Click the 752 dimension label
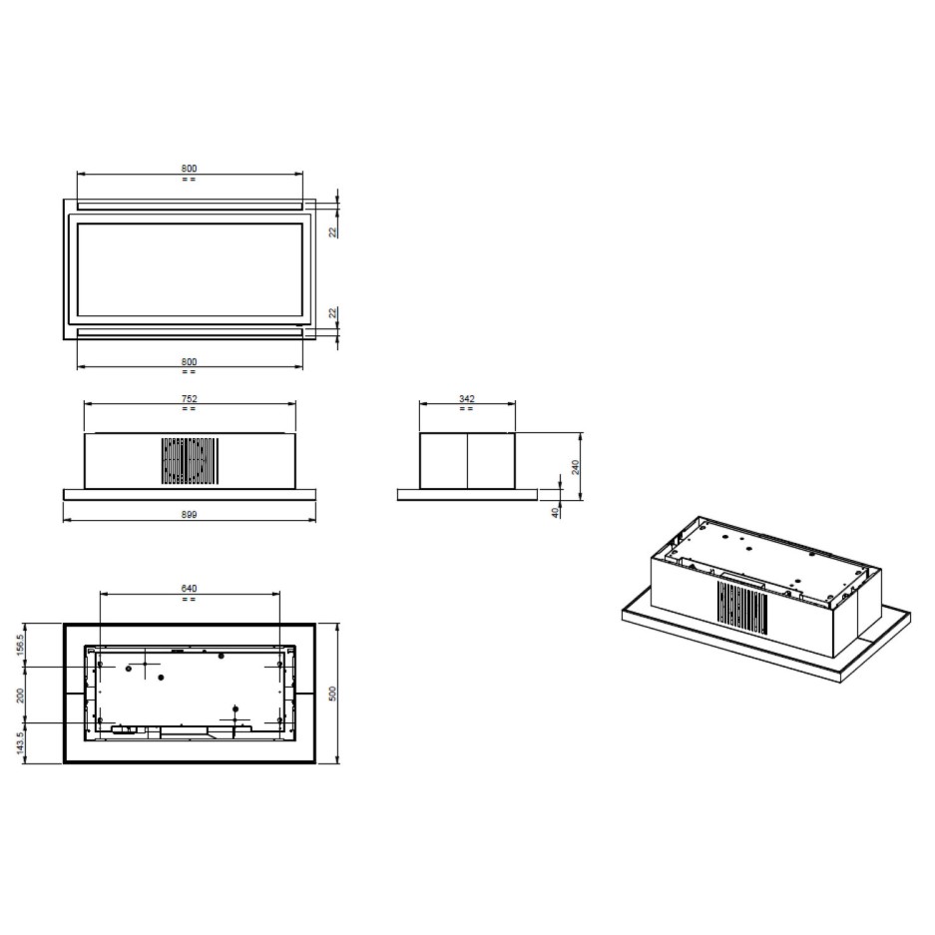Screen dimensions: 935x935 pos(189,398)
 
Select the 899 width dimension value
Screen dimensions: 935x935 pos(190,515)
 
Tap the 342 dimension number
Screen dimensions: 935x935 pos(467,398)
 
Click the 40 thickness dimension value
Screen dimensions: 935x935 pos(555,510)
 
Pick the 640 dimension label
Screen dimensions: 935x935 pos(189,588)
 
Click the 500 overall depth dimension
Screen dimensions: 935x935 pos(333,693)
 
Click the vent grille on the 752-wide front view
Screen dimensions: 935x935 pos(190,461)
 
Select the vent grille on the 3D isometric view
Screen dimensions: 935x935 pos(742,609)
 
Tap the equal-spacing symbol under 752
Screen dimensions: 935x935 pos(189,408)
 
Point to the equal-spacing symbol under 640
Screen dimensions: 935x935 pos(189,599)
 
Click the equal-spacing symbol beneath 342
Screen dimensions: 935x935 pos(467,408)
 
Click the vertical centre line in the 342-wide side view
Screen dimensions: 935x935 pos(467,460)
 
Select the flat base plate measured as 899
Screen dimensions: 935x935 pos(190,494)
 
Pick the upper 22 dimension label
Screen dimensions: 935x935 pos(333,231)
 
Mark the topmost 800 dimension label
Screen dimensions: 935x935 pos(190,168)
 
